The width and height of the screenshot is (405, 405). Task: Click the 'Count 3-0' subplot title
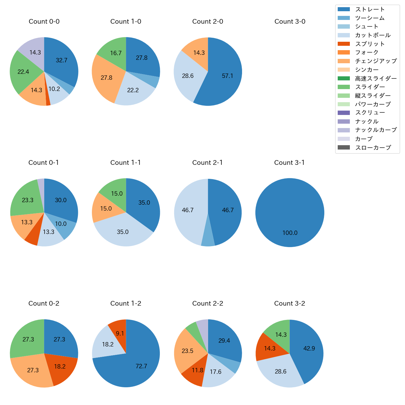tap(290, 21)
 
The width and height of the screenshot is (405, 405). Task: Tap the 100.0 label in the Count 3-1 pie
tap(290, 233)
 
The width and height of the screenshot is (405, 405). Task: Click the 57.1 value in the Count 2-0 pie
tap(227, 76)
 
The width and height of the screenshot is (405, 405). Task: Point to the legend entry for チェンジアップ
tap(376, 61)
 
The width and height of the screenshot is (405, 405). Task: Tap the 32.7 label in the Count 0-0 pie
tap(61, 60)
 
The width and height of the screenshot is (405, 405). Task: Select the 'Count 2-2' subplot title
tap(208, 303)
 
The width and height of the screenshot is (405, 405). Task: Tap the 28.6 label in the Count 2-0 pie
tap(188, 76)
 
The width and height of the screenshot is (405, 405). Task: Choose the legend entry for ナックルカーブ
tap(376, 130)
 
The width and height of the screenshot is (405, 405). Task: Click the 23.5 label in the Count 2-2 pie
tap(187, 351)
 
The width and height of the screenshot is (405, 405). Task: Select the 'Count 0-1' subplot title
tap(44, 163)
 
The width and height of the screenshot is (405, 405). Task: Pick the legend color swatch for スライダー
tap(344, 87)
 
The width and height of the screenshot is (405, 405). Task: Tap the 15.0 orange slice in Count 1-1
tap(105, 208)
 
